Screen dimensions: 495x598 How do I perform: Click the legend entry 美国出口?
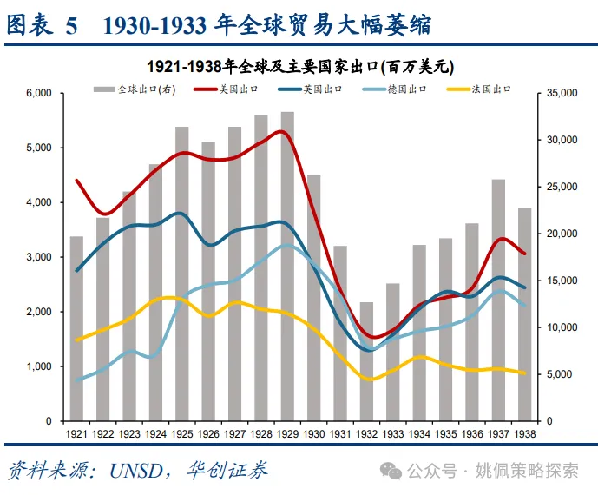[x=223, y=89]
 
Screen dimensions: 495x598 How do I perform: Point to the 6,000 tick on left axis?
[x=40, y=93]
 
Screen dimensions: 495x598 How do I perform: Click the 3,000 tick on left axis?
[x=40, y=257]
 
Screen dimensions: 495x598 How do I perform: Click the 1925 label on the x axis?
[x=181, y=432]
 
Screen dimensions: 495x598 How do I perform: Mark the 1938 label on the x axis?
[x=524, y=432]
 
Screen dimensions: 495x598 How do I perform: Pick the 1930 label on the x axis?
[x=313, y=432]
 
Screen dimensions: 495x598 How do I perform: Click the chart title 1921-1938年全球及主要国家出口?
[x=300, y=66]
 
